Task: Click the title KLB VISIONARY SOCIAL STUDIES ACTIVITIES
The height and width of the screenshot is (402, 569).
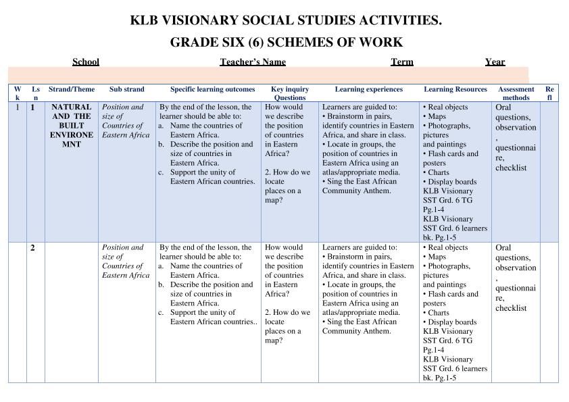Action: (286, 21)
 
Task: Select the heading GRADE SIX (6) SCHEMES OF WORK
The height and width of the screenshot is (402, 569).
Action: (286, 43)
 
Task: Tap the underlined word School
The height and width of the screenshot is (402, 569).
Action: (86, 62)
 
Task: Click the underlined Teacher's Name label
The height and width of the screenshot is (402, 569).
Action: (253, 62)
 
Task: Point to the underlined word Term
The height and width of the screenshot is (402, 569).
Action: (402, 62)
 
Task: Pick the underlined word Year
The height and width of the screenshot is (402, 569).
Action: (495, 62)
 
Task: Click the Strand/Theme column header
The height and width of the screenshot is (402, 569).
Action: (72, 89)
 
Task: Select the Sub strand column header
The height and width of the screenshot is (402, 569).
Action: (127, 89)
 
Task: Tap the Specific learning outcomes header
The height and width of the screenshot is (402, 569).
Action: (213, 89)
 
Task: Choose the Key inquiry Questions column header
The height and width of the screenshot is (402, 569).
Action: (290, 93)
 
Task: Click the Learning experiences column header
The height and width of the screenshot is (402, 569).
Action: (368, 89)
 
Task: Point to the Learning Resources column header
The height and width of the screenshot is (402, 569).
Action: (455, 89)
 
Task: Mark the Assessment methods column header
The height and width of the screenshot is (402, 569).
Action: (516, 93)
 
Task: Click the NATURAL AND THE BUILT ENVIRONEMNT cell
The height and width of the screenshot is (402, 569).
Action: (72, 126)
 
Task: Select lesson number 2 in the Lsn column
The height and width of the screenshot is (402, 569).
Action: (32, 248)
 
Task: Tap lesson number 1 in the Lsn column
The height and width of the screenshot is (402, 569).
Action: (32, 107)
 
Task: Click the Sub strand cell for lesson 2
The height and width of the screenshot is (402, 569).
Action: (126, 261)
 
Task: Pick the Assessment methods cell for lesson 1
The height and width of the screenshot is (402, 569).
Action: (516, 137)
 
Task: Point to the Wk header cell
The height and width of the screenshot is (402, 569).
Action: (18, 93)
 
